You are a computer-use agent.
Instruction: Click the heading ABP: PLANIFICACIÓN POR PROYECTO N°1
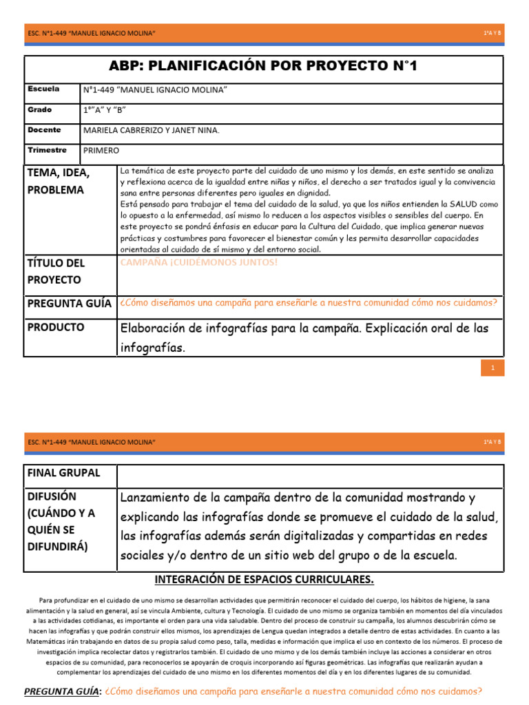click(x=264, y=66)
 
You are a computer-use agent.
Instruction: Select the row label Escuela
click(x=43, y=89)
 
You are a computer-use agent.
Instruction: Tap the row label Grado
click(x=40, y=109)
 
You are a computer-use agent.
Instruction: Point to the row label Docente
click(x=44, y=129)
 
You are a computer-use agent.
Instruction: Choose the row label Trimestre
click(x=47, y=149)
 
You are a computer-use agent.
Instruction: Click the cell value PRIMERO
click(x=101, y=150)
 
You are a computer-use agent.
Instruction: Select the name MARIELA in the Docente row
click(x=102, y=130)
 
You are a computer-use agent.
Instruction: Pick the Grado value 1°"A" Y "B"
click(x=105, y=110)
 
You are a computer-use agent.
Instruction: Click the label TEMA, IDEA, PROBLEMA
click(x=59, y=180)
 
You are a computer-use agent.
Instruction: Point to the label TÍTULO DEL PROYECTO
click(x=56, y=271)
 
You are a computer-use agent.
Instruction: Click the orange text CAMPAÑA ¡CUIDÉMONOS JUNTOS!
click(x=199, y=262)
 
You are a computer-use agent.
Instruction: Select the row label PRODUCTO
click(x=56, y=327)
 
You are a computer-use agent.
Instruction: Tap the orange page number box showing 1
click(x=492, y=368)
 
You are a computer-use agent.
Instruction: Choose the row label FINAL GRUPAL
click(x=63, y=473)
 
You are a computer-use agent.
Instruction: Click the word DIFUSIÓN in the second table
click(x=52, y=496)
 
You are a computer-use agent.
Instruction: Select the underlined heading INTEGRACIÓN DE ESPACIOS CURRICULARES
click(x=264, y=579)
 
